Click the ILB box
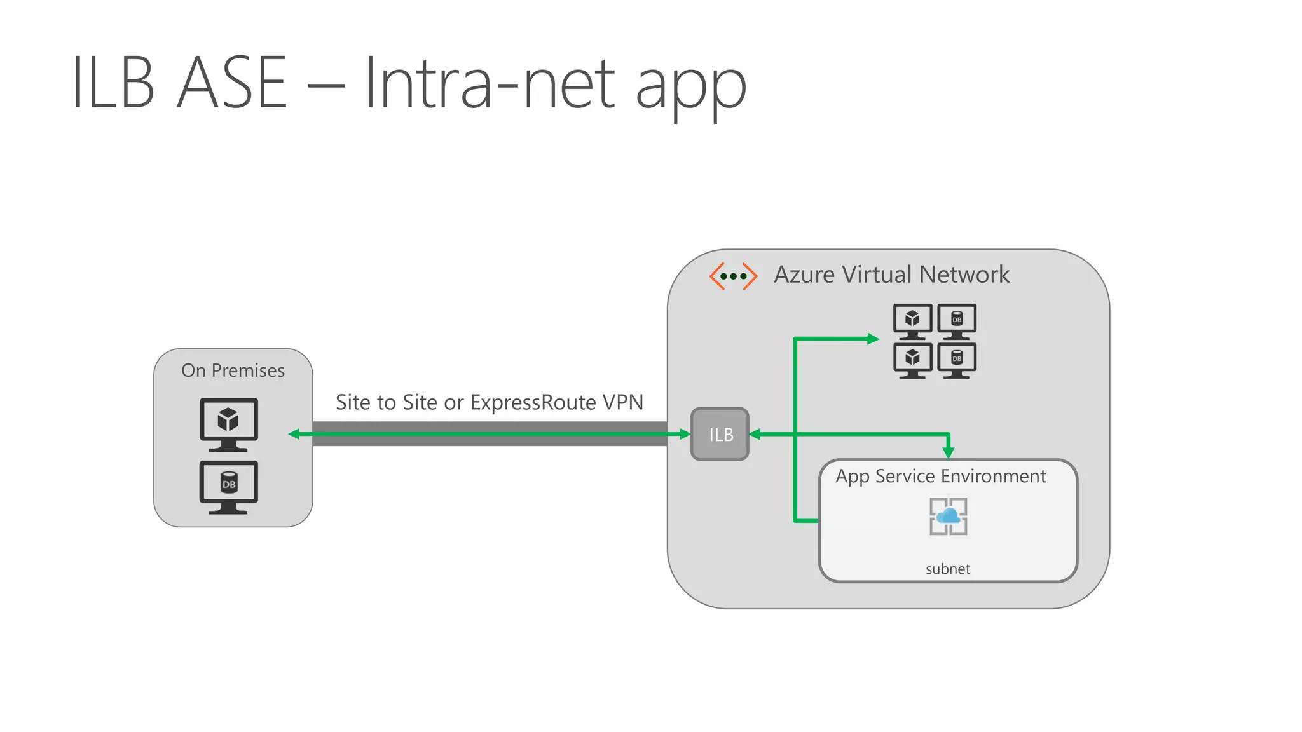720,435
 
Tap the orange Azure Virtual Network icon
733,276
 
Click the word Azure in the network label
804,275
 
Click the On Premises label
233,370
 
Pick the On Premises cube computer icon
229,423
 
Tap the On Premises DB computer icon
229,486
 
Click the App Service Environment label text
940,477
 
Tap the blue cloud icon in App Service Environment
949,515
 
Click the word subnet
947,569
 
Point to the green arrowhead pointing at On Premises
294,435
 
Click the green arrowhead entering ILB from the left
685,435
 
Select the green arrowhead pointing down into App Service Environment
949,452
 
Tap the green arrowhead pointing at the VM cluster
873,339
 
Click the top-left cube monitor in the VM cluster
912,320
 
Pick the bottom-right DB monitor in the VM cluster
957,360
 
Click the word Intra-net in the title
490,83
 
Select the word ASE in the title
232,83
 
